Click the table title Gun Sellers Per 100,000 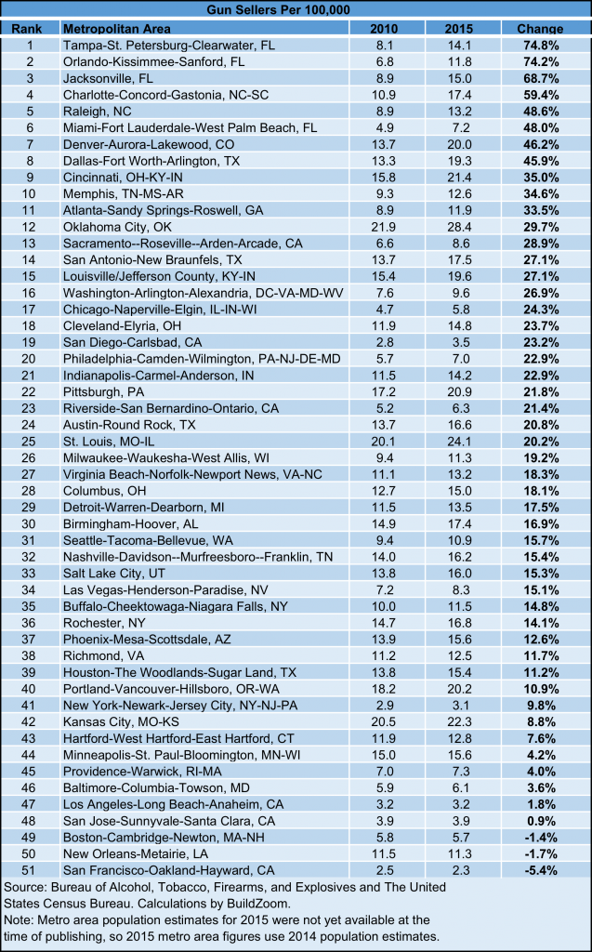click(x=278, y=9)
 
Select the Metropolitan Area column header click(x=116, y=29)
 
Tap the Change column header click(x=540, y=29)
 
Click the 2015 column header click(x=458, y=29)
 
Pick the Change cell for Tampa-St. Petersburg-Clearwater click(x=541, y=46)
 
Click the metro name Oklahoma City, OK click(x=117, y=227)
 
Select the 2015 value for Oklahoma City click(x=458, y=227)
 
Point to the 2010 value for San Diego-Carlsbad click(x=384, y=342)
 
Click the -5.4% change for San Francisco click(x=540, y=870)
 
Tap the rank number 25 click(x=29, y=442)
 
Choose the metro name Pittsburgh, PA click(x=104, y=392)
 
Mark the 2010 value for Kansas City click(x=384, y=721)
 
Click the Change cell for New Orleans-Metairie click(x=540, y=853)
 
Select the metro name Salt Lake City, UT click(x=114, y=573)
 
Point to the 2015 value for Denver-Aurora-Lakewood click(x=458, y=144)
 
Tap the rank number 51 click(x=29, y=870)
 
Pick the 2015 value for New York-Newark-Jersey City click(x=458, y=706)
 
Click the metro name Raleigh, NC click(x=98, y=112)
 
